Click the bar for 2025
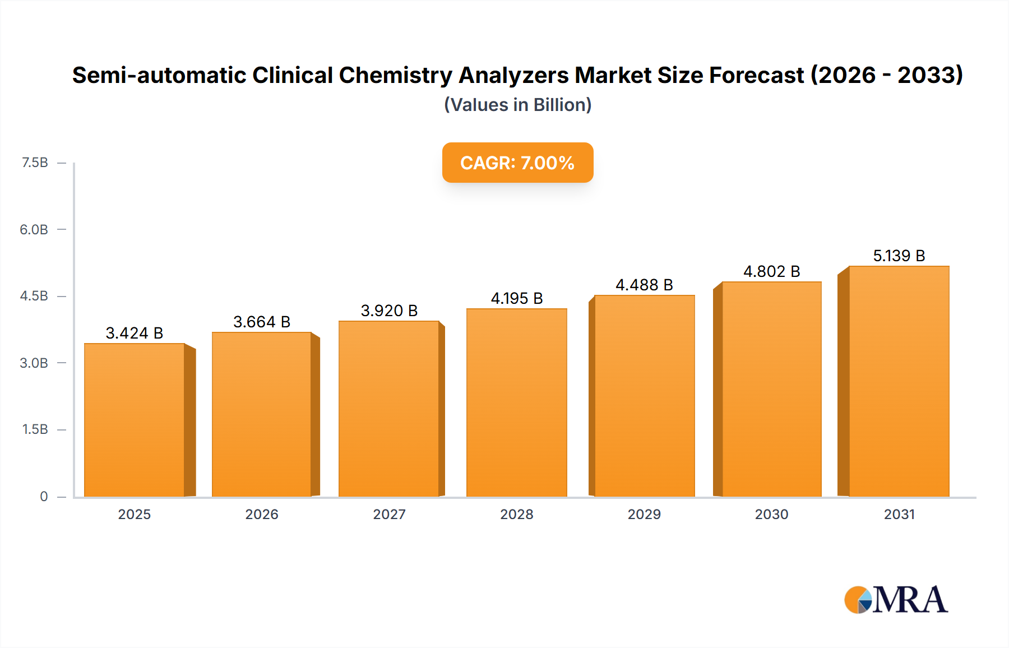(x=135, y=420)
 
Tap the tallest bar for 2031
(x=899, y=381)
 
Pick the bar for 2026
(x=262, y=415)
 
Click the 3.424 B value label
(x=135, y=333)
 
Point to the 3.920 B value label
(x=389, y=311)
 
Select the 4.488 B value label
(x=644, y=285)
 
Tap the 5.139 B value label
(x=899, y=256)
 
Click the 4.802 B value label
(x=771, y=271)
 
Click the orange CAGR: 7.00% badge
(x=517, y=163)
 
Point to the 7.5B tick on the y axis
(x=35, y=163)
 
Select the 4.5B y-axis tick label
(x=34, y=296)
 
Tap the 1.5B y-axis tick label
(x=35, y=429)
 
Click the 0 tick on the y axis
(x=44, y=496)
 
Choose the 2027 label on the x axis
(x=389, y=514)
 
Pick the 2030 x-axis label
(x=771, y=514)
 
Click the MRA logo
(x=896, y=600)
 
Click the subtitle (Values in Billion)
(x=517, y=105)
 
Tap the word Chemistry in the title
(x=397, y=75)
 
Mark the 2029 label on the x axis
(x=644, y=514)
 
